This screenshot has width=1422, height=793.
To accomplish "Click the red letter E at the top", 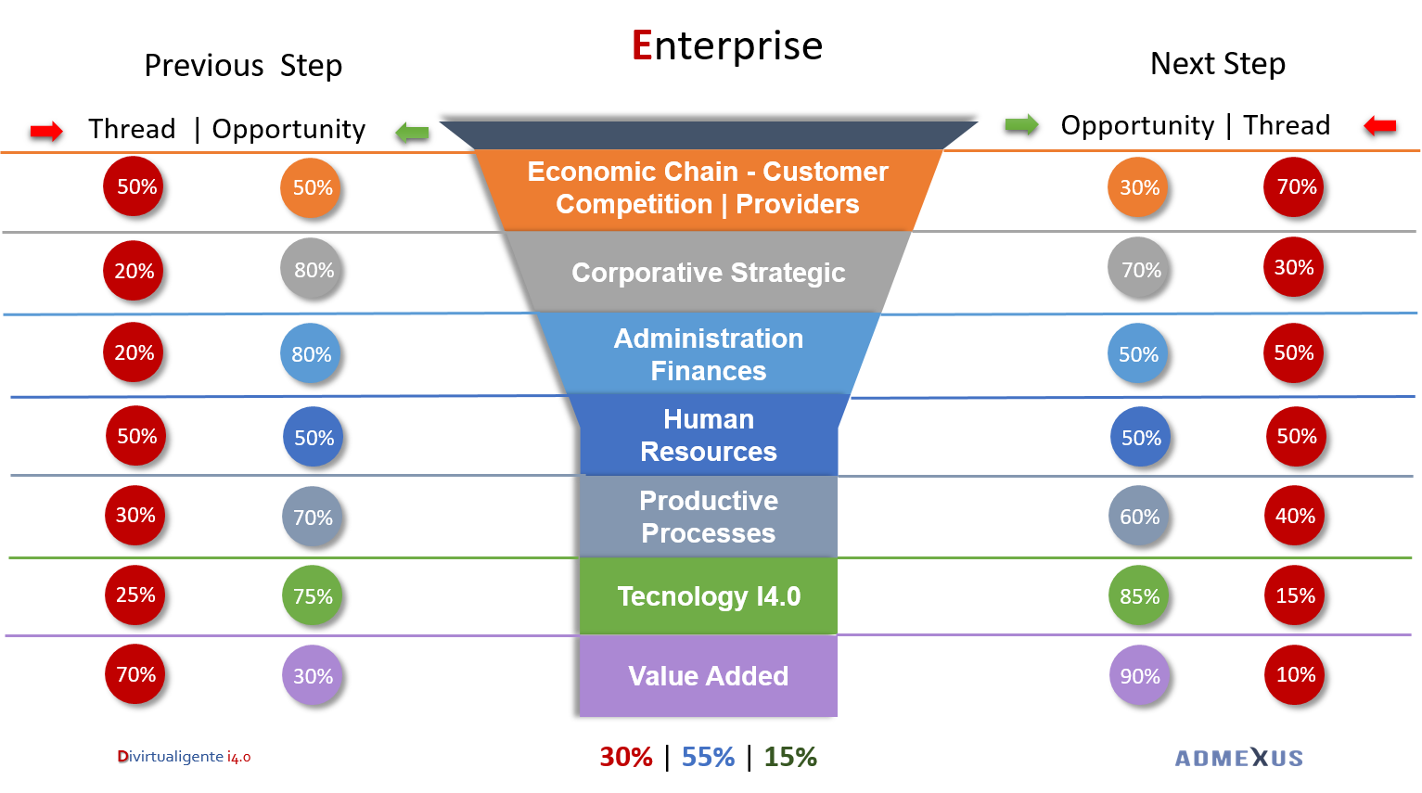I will coord(642,45).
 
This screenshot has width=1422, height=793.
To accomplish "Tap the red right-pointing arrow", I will coord(46,131).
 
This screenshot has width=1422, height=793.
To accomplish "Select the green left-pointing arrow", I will coord(412,133).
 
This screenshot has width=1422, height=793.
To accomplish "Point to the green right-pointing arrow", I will coord(1021,123).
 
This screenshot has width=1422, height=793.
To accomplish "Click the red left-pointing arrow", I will coord(1379,125).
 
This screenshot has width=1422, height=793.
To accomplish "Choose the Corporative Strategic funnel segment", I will coord(709,273).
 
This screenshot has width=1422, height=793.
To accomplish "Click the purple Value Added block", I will coord(709,676).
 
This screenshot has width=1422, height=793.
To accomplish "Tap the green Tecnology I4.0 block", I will coord(709,596).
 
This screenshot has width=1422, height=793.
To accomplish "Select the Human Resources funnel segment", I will coord(709,436).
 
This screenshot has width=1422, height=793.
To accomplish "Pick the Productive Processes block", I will coord(709,517).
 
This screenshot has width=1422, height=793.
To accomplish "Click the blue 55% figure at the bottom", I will coord(708,757).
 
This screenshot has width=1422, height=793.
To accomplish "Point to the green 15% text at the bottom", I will coord(790,757).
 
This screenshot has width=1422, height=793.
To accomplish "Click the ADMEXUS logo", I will coord(1238,758).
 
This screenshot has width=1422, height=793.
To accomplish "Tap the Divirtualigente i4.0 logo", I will coord(184,757).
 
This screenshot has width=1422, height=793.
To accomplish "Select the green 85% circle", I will coord(1138,595).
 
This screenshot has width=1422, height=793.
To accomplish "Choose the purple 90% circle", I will coord(1139,675).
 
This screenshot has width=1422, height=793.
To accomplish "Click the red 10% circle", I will coord(1294,674).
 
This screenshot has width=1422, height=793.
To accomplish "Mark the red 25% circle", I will coord(135,595).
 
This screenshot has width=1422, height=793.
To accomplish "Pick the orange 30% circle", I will coord(1138,187).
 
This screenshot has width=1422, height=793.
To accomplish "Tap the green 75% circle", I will coord(313,595).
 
